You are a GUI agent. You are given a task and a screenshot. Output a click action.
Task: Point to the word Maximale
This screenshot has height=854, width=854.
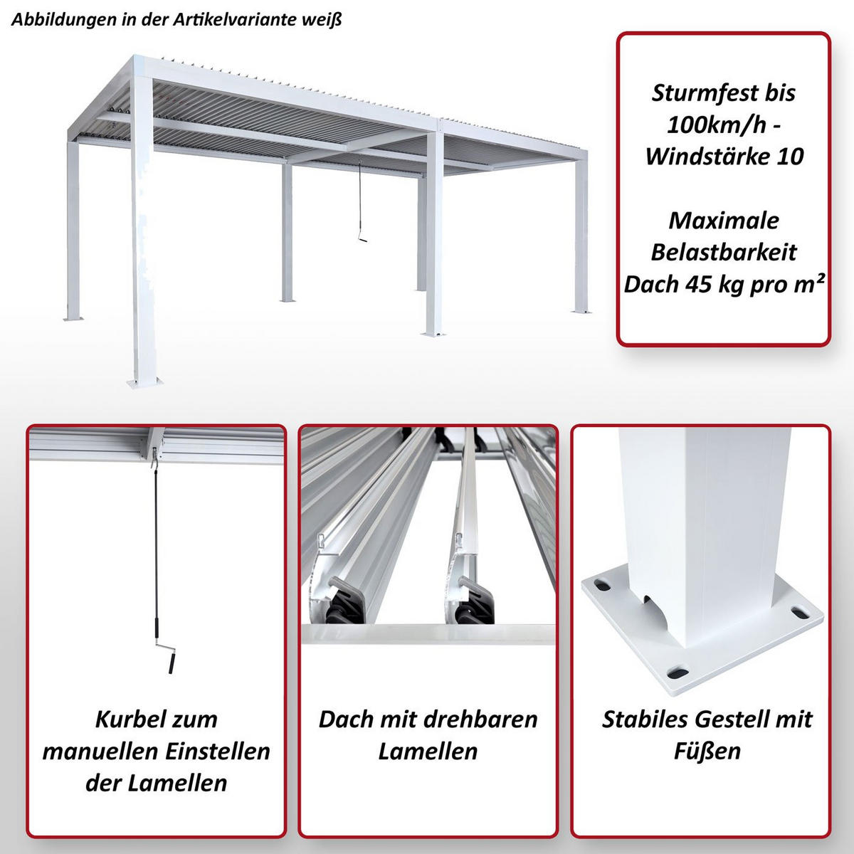coord(724,220)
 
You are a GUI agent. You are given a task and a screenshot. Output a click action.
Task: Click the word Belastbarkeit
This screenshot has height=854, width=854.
coord(724,252)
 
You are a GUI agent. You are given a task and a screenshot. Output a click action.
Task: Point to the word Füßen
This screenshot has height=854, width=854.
coord(707,751)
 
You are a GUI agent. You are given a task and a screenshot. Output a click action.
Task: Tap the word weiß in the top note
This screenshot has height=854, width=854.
coord(325,19)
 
